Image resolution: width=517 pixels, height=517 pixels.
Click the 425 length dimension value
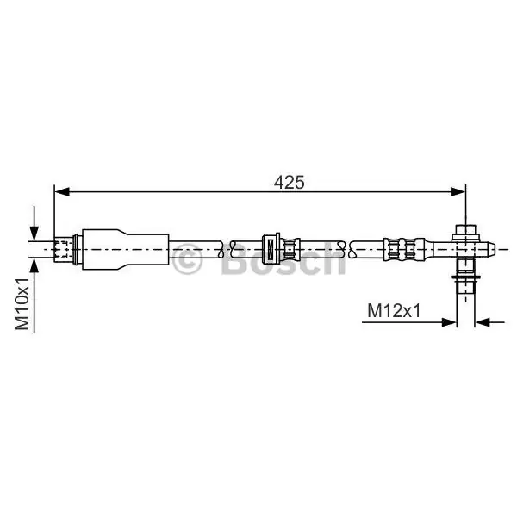point(290,183)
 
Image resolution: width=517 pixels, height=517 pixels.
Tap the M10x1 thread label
point(22,303)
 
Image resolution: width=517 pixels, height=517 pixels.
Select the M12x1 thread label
point(394,310)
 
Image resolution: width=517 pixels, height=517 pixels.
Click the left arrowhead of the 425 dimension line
point(62,191)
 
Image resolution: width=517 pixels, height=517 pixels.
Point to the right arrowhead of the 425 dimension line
point(458,191)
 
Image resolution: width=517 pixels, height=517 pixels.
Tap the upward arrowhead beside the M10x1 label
point(34,265)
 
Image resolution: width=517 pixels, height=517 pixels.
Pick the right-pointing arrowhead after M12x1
point(449,322)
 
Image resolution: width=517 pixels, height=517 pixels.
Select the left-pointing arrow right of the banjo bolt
point(489,322)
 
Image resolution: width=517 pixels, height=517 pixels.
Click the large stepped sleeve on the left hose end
point(125,249)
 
